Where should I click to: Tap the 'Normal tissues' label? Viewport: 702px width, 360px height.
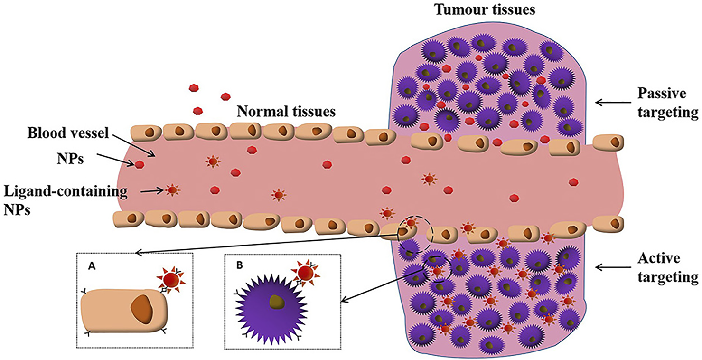pos(286,112)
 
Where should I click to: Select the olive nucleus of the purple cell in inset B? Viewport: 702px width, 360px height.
pos(274,303)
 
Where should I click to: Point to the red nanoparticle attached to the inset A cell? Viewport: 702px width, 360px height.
pos(170,280)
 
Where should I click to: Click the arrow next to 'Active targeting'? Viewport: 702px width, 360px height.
pos(609,267)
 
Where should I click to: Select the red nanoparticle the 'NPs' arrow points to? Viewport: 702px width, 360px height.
pos(139,164)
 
